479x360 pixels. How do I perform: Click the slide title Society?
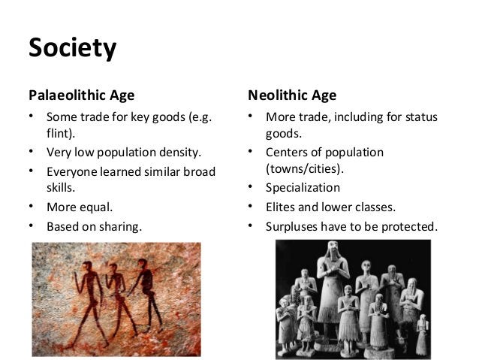click(x=72, y=49)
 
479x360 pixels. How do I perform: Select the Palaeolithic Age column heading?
click(x=81, y=95)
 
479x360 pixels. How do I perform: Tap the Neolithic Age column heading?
click(x=292, y=95)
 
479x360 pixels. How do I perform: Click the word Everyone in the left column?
click(x=72, y=171)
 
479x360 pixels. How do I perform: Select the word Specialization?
click(x=303, y=188)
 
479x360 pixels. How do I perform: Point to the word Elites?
click(x=282, y=207)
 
